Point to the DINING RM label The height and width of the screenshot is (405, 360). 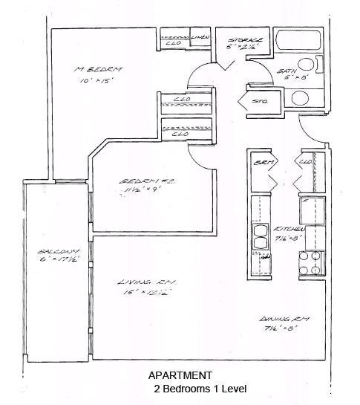(285, 318)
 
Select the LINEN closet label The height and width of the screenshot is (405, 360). (200, 36)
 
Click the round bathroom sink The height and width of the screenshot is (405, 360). (301, 97)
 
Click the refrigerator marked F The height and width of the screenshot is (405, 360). (310, 210)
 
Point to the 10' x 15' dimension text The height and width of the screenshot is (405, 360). (96, 82)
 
